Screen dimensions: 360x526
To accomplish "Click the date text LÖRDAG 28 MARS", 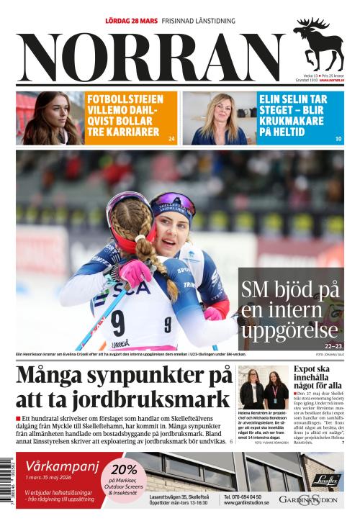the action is [x=131, y=21].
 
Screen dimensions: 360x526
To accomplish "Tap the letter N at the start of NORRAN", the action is [x=43, y=59].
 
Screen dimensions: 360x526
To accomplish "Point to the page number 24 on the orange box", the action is [x=171, y=138].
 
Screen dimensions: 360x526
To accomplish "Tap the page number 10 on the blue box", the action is [x=338, y=138].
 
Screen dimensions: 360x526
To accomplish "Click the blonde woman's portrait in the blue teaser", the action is [x=217, y=118].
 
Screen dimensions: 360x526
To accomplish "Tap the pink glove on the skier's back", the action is [x=135, y=272].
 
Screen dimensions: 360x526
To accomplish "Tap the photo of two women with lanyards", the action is [x=264, y=390].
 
